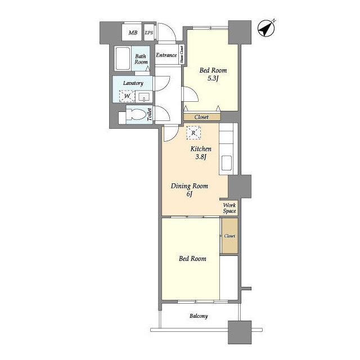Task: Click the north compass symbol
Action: (x=266, y=29)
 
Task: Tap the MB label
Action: (x=133, y=33)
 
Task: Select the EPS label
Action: (x=148, y=33)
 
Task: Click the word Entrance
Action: (x=166, y=55)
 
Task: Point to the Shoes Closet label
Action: (x=182, y=55)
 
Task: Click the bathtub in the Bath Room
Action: (x=123, y=58)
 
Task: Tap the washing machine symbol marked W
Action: (x=127, y=96)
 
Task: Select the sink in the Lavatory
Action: (x=144, y=97)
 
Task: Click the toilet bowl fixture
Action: (x=136, y=114)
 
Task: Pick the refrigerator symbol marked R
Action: (x=193, y=133)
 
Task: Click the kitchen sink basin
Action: (x=226, y=163)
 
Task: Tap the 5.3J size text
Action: (x=213, y=78)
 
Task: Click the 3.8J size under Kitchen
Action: (x=201, y=157)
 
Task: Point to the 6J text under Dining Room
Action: (x=189, y=194)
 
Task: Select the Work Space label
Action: (x=229, y=208)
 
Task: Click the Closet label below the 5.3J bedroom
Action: (x=201, y=117)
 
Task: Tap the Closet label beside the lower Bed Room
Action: (x=229, y=236)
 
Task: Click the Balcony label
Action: (x=199, y=316)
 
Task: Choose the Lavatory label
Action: (x=133, y=83)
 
